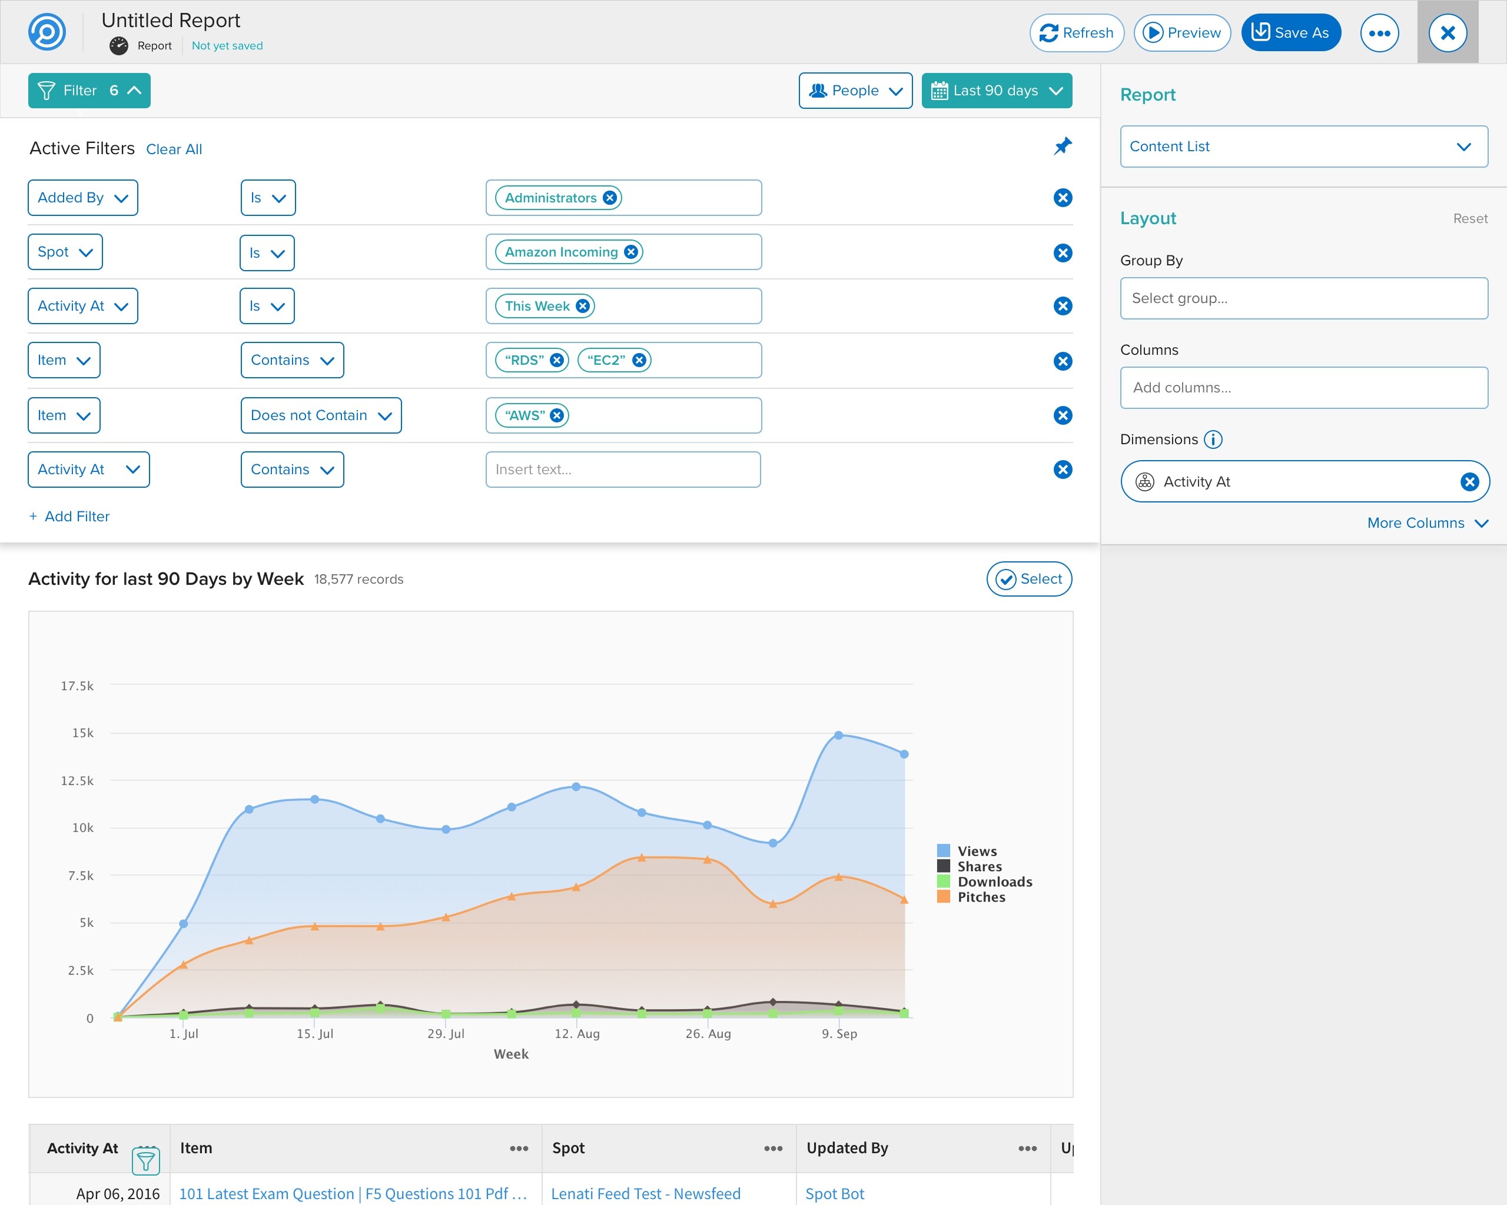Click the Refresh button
coord(1077,33)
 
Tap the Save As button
coord(1290,33)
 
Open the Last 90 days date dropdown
coord(997,91)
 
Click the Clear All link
coord(174,149)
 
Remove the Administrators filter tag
coord(609,198)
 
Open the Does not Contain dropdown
coord(321,415)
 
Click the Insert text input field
coord(623,470)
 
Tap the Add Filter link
coord(70,516)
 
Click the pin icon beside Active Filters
coord(1063,146)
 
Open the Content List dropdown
coord(1303,146)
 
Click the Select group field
coord(1303,298)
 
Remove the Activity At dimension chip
coord(1469,481)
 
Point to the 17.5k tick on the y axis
coord(78,685)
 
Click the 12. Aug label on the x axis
coord(577,1033)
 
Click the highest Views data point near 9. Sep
coord(838,735)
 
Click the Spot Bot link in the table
coord(835,1193)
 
